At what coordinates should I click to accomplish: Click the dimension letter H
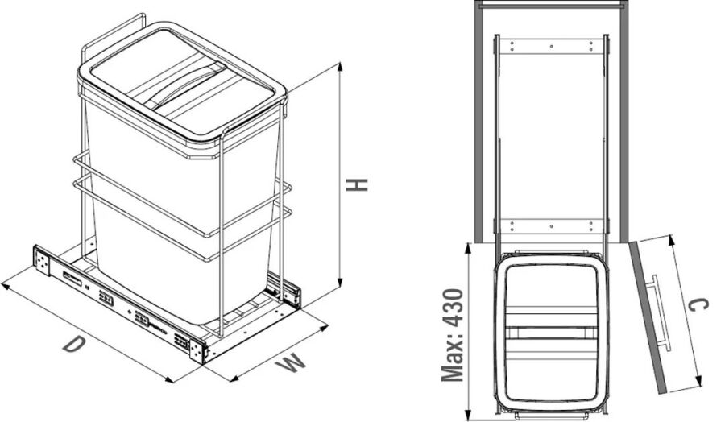click(357, 184)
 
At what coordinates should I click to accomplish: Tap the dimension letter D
click(74, 345)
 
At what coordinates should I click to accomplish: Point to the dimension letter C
click(698, 305)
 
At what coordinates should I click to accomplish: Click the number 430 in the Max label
click(452, 308)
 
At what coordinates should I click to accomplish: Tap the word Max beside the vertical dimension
click(452, 358)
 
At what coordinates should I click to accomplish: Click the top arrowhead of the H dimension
click(340, 67)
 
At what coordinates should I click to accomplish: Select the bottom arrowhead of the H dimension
click(340, 282)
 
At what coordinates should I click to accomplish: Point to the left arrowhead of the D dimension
click(6, 287)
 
